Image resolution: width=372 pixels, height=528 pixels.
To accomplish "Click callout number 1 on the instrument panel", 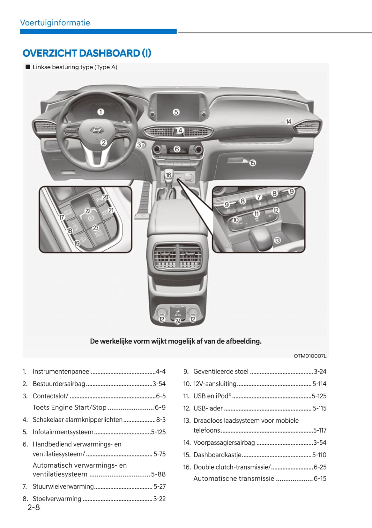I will coord(100,112).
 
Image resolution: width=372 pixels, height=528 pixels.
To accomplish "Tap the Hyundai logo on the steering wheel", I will coord(95,130).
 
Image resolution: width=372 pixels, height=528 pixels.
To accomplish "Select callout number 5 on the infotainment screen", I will coord(176,112).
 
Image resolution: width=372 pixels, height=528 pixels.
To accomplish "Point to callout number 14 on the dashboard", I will coord(288,121).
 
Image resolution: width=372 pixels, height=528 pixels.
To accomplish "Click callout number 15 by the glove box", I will coord(252,163).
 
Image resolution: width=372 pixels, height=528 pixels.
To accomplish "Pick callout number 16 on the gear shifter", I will coord(168,175).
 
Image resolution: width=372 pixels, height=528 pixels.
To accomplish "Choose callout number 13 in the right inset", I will coord(277,240).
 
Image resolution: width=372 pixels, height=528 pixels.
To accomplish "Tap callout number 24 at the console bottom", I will coord(178,321).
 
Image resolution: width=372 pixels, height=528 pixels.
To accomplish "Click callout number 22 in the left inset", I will coord(88,211).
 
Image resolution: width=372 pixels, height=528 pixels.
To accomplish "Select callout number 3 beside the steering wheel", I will coord(139,145).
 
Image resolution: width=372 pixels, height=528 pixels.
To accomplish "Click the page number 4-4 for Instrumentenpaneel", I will coord(160,372).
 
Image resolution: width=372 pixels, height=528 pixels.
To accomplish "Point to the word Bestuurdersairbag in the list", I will coord(59,384).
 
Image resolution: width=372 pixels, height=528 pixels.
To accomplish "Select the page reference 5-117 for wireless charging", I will coord(320,430).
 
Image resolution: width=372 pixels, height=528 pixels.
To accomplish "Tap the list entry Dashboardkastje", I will coord(217,455).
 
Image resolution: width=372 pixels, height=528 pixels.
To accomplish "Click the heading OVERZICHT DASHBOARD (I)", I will coord(87,53).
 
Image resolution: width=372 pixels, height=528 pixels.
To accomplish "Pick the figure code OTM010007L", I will coord(310,356).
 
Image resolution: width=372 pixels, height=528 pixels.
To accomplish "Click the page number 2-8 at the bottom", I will coord(34,507).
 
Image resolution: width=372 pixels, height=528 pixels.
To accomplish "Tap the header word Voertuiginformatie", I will coord(55,23).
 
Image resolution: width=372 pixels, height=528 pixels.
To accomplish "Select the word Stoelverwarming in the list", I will coord(57,499).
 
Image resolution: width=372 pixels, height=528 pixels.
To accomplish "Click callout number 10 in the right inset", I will coord(236,220).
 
